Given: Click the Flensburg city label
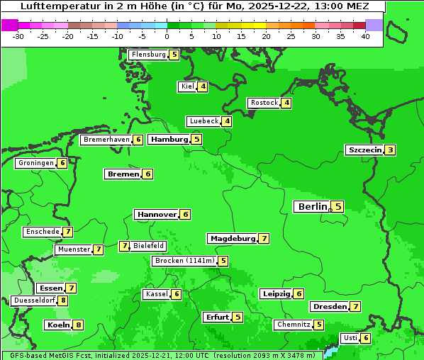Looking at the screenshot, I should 148,55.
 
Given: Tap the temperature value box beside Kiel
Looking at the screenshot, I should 203,86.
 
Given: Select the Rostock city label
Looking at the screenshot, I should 264,103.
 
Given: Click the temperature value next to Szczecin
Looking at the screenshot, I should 390,150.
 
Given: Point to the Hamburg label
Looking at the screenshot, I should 169,140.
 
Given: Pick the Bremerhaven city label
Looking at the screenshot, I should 106,140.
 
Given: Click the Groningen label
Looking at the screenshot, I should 36,163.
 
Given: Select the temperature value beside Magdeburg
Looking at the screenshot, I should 264,239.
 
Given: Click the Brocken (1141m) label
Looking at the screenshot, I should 184,261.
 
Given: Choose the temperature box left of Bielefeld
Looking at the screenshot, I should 124,246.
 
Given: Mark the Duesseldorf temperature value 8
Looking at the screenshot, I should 63,300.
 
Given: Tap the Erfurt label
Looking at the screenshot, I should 217,317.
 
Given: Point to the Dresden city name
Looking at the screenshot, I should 329,307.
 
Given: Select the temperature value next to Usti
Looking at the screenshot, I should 366,338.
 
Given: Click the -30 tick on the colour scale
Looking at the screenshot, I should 18,36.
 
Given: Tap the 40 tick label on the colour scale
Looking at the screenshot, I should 365,36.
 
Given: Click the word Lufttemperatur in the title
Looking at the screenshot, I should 57,6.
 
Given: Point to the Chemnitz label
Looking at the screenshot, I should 294,325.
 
